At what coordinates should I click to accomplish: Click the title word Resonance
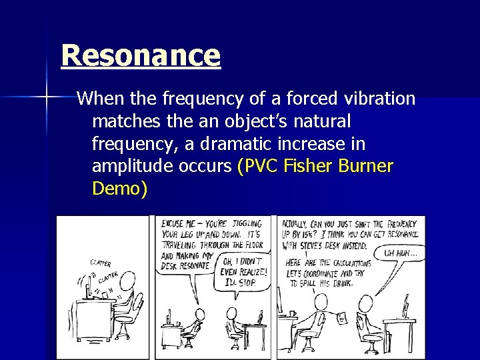(140, 56)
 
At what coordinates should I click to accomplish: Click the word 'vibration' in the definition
(377, 100)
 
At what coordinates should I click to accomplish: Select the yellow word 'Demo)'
(119, 189)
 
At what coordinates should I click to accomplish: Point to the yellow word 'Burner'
(369, 166)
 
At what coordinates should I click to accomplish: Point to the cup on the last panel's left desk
(292, 313)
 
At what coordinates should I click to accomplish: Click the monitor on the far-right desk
(405, 309)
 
